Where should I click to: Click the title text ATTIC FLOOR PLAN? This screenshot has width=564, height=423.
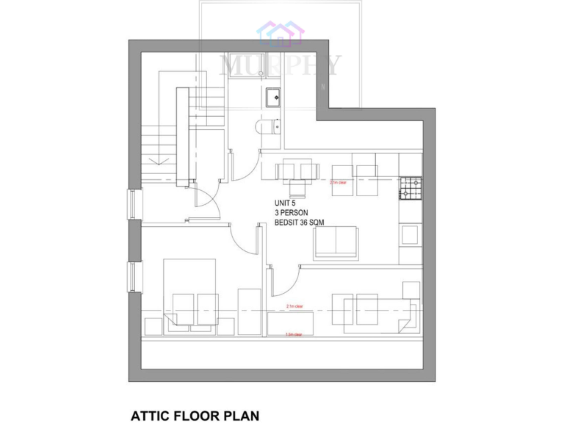point(195,416)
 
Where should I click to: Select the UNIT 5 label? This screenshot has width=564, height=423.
point(285,203)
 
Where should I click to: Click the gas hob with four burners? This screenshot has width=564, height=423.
point(411,188)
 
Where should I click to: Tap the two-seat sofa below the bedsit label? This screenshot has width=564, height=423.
point(336,243)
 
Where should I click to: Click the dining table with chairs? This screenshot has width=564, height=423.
point(297,171)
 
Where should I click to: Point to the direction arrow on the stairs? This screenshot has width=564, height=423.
point(155,157)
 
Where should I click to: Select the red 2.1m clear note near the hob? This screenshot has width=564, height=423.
point(338,182)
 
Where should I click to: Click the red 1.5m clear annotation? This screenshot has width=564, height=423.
point(294,334)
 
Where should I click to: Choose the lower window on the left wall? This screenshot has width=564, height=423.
point(132,277)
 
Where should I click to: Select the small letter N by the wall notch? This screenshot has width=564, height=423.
point(322,88)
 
